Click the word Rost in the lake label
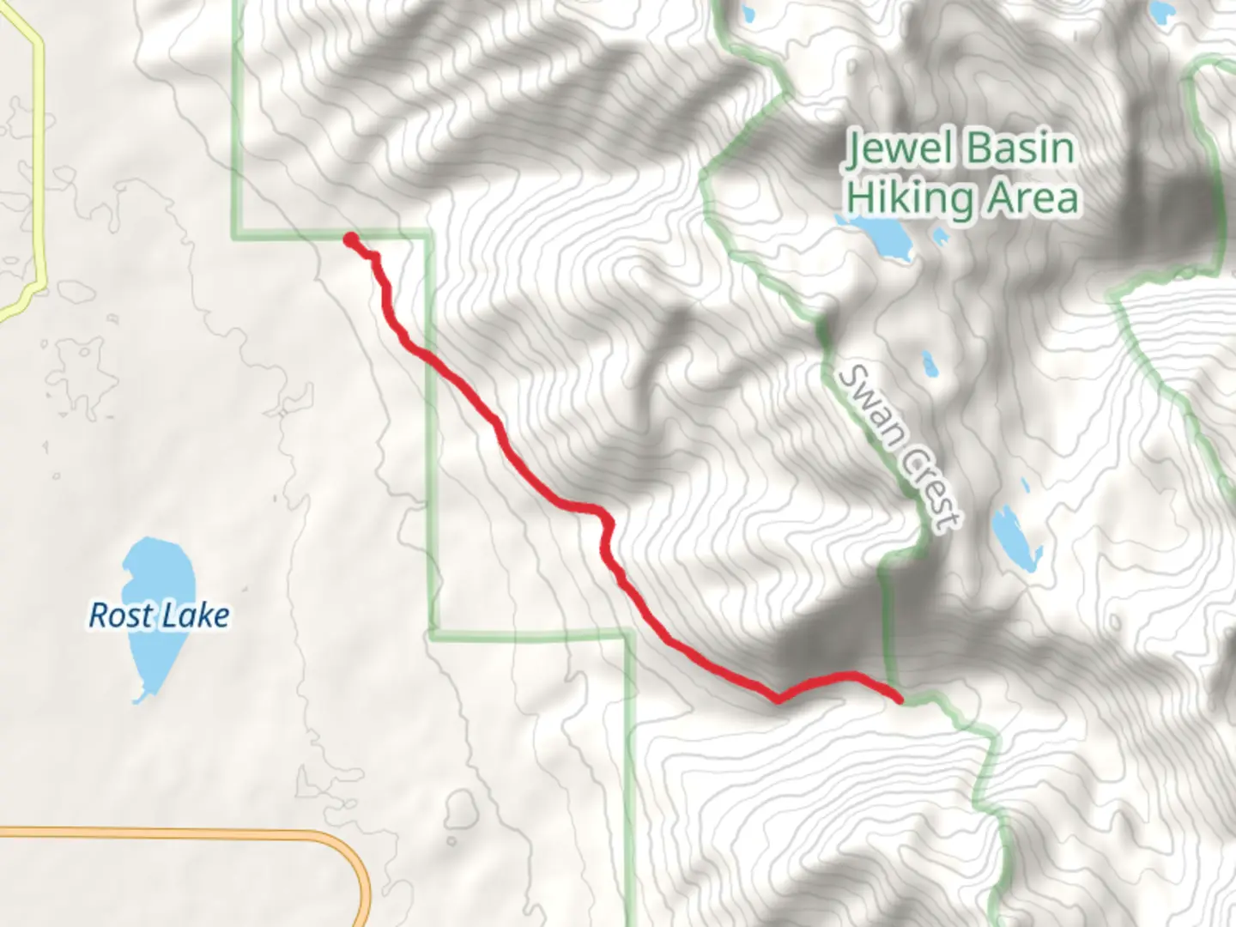coord(120,615)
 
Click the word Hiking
coord(908,197)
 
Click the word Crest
coord(930,489)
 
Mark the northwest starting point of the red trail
coord(350,239)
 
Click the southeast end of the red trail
coord(899,700)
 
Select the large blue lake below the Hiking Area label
coord(879,234)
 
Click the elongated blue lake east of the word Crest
coord(1015,538)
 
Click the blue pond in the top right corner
coord(1162,10)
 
